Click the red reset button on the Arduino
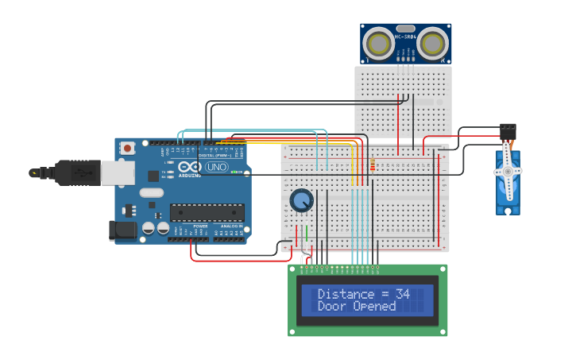127,148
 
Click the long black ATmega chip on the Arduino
207,212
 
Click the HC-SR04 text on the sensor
405,37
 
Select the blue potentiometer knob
301,200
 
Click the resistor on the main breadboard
373,165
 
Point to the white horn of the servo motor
508,170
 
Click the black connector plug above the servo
508,130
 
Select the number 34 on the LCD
402,294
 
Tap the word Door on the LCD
331,306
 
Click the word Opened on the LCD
375,306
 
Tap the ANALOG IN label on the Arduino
231,226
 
